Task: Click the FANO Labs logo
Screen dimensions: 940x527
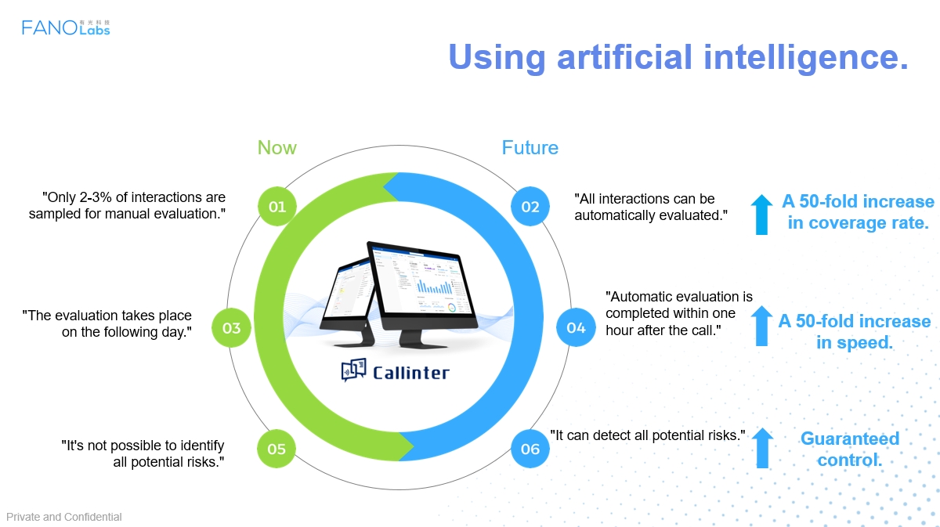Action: tap(66, 27)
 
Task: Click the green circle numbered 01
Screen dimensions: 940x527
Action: tap(277, 207)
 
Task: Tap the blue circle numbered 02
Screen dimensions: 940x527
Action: tap(530, 207)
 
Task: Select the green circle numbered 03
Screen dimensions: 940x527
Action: tap(231, 327)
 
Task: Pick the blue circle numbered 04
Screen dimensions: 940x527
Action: tap(576, 327)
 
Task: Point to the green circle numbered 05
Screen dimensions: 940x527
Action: tap(277, 449)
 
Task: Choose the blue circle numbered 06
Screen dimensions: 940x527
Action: tap(530, 449)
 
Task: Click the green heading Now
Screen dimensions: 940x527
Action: tap(277, 148)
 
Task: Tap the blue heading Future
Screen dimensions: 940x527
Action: tap(530, 148)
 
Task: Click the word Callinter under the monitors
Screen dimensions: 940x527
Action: tap(410, 373)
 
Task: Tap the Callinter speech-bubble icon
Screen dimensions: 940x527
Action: tap(353, 370)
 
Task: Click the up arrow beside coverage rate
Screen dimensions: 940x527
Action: tap(761, 215)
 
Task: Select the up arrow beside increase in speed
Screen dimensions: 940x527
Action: tap(761, 326)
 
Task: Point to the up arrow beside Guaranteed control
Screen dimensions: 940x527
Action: tap(762, 448)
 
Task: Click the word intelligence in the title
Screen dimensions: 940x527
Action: tap(806, 58)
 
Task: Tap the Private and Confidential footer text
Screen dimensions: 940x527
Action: tap(63, 517)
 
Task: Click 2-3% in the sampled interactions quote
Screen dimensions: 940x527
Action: tap(95, 197)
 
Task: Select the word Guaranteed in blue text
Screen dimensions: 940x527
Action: tap(850, 439)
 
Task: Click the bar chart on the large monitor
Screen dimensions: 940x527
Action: tap(434, 287)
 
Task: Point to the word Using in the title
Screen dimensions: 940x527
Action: tap(497, 58)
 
